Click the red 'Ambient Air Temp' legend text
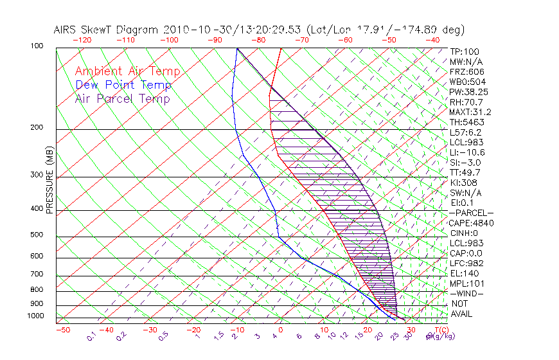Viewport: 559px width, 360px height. point(127,71)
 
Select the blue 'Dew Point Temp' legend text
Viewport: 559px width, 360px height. point(123,85)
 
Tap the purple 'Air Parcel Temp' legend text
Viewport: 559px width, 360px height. point(122,98)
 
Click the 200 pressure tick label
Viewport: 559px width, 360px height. point(37,128)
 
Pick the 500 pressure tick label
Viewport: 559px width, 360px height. point(37,236)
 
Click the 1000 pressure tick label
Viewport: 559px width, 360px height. point(35,316)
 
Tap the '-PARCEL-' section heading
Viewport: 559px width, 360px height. point(472,213)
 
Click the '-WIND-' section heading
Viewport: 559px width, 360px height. point(467,293)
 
